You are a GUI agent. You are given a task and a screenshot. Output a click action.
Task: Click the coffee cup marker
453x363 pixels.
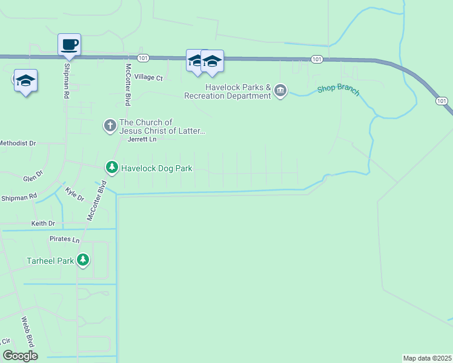69,44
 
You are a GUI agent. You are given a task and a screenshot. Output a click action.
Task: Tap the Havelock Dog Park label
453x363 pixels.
157,168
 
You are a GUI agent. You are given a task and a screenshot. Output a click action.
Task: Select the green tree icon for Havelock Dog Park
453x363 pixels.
111,166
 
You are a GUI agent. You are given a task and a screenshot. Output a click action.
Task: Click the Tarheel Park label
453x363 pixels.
50,261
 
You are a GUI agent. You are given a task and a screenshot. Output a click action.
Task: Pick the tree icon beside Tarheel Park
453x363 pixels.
82,260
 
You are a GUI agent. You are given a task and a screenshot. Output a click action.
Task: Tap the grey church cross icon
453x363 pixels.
110,126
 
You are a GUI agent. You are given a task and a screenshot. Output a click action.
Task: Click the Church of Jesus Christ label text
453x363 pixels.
163,126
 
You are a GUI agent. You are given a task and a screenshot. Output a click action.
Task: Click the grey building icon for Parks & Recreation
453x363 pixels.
280,91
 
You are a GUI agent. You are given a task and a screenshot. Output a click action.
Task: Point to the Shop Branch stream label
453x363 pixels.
339,91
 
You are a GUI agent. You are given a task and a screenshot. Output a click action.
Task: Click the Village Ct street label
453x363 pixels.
149,77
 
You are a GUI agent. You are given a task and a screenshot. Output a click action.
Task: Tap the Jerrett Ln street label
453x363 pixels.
142,139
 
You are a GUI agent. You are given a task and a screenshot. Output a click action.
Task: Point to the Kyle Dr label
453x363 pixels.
74,194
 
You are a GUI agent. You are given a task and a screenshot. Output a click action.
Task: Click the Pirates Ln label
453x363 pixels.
64,240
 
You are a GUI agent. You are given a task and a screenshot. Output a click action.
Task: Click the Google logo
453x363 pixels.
20,356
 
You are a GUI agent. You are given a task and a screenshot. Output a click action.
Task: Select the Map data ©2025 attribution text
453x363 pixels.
427,358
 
